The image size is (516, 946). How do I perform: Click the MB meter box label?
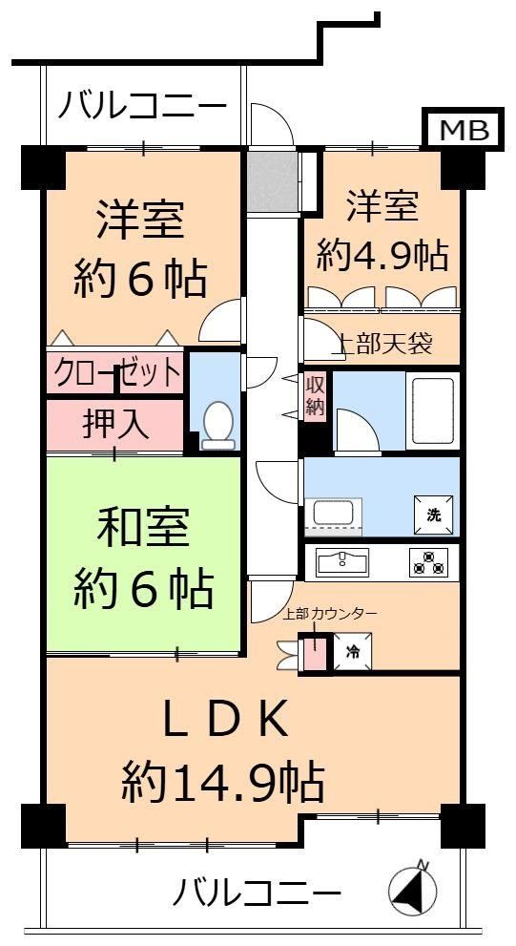click(464, 130)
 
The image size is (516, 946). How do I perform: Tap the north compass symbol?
click(412, 889)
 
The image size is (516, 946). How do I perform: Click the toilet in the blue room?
click(217, 426)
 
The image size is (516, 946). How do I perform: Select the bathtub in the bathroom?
click(433, 411)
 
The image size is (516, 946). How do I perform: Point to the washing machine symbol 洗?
click(433, 515)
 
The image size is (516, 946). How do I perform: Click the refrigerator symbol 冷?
click(353, 651)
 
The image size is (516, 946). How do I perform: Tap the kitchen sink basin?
click(343, 562)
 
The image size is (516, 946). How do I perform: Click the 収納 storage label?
click(314, 397)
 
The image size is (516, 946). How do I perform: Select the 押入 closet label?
click(115, 426)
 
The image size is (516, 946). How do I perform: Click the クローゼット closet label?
click(117, 374)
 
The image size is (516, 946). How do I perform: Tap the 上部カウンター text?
click(331, 614)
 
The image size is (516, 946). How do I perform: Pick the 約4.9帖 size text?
click(382, 255)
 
